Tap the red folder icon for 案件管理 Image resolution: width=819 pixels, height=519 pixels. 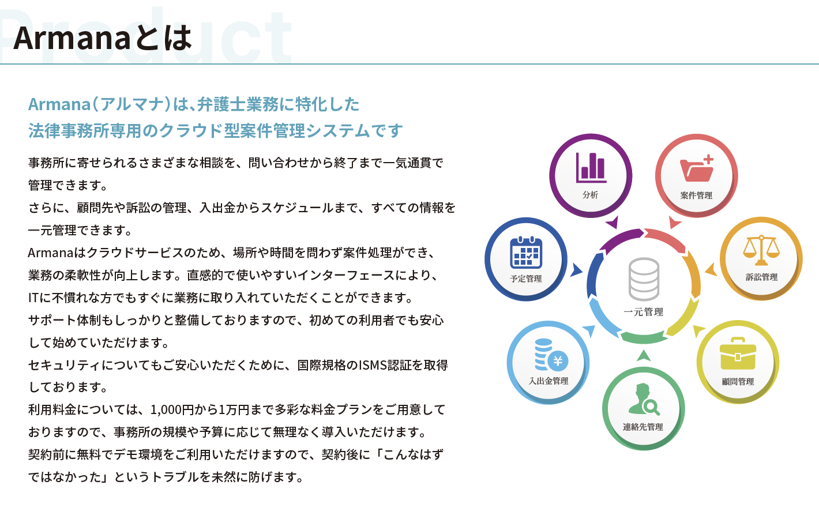click(x=697, y=168)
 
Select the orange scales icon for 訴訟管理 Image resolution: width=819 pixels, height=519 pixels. click(x=761, y=250)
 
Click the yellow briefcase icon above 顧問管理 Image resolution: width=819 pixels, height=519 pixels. click(x=738, y=353)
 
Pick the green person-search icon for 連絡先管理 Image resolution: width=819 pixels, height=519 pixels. click(x=644, y=400)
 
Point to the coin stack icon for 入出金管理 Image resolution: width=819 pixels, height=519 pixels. click(x=551, y=355)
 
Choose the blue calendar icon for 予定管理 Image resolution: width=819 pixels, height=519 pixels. click(x=526, y=253)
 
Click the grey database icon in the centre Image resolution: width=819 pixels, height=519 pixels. click(x=644, y=279)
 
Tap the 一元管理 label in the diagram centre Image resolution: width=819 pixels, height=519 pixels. click(x=644, y=312)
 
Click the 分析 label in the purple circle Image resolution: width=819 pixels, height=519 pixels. click(x=591, y=195)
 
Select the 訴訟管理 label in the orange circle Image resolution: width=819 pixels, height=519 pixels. click(x=761, y=277)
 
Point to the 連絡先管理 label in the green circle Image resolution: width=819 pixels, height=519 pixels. click(x=643, y=427)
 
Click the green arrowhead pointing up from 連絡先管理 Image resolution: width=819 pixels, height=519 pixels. click(x=644, y=356)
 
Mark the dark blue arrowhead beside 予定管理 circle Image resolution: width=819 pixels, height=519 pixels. click(x=576, y=270)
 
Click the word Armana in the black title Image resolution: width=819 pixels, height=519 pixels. click(x=72, y=38)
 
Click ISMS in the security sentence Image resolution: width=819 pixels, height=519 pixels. click(x=373, y=365)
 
